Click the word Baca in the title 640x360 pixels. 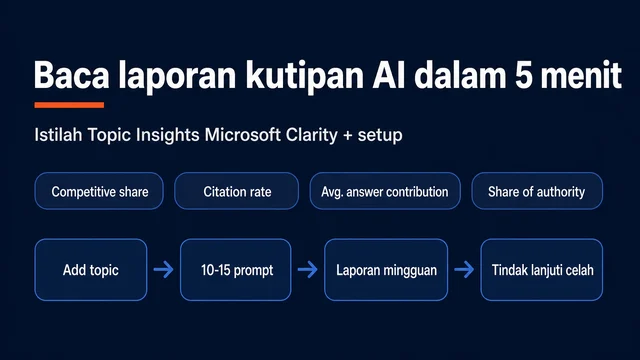tap(71, 75)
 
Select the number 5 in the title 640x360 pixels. tap(523, 76)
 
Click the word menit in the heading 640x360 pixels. tap(581, 75)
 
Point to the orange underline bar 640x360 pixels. tap(69, 105)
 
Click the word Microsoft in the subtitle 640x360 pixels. tap(242, 135)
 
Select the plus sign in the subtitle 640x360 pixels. tap(348, 136)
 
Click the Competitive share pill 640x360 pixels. tap(99, 191)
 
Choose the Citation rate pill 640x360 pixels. tap(237, 191)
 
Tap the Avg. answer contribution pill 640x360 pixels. tap(385, 191)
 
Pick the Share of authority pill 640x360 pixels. tap(537, 191)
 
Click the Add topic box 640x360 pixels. tap(91, 270)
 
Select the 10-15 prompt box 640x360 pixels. tap(236, 270)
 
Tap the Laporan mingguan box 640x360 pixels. tap(386, 270)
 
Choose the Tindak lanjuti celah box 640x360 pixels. tap(542, 270)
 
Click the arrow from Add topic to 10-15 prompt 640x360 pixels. tap(164, 269)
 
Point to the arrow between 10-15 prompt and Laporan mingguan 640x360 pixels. tap(308, 269)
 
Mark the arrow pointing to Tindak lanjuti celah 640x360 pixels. tap(464, 269)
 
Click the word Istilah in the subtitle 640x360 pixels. tap(58, 135)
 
